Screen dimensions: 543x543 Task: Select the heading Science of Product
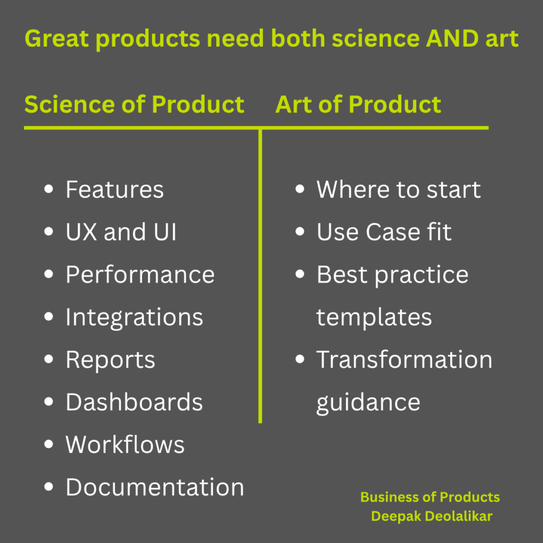click(134, 104)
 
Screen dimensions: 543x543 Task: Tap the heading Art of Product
click(358, 104)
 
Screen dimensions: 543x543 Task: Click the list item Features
click(115, 190)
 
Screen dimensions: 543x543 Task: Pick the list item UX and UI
click(121, 232)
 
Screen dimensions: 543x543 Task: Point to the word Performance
click(140, 275)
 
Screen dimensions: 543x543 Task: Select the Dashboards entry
click(134, 402)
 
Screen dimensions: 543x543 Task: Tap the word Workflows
click(125, 444)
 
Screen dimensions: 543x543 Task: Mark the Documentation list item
click(155, 487)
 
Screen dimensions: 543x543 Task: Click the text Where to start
click(399, 190)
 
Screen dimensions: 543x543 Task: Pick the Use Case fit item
click(384, 232)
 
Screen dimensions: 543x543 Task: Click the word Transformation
click(405, 360)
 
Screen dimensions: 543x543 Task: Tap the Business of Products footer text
click(430, 497)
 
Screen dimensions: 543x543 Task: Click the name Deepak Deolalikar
click(432, 516)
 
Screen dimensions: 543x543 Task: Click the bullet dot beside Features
click(49, 189)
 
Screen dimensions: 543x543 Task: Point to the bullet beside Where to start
click(300, 189)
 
